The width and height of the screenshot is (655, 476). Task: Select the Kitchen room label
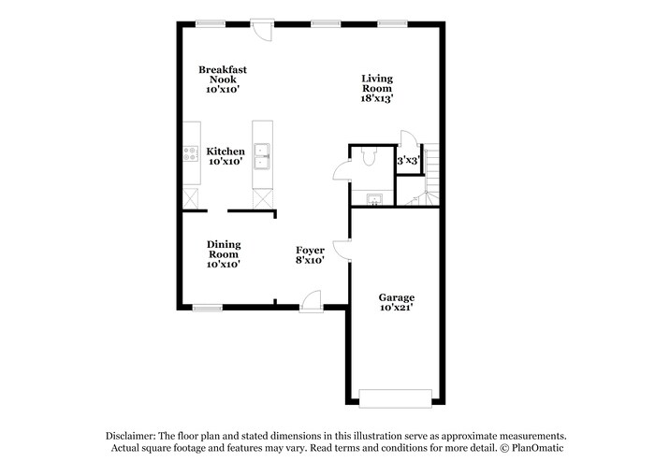point(226,155)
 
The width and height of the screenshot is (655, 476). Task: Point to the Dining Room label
point(224,253)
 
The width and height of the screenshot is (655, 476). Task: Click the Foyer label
point(310,255)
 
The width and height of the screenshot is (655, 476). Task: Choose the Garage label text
point(397,302)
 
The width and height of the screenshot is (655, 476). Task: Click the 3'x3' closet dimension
point(407,162)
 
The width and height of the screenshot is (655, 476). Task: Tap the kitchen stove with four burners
point(191,155)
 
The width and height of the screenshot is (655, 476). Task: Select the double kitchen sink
point(262,155)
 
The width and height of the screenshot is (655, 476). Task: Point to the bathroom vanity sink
point(373,199)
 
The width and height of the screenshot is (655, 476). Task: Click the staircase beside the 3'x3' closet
point(431,174)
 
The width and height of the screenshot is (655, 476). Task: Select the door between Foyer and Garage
point(342,250)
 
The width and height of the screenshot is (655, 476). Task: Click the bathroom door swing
point(342,171)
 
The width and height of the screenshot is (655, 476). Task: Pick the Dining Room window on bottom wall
point(207,307)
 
